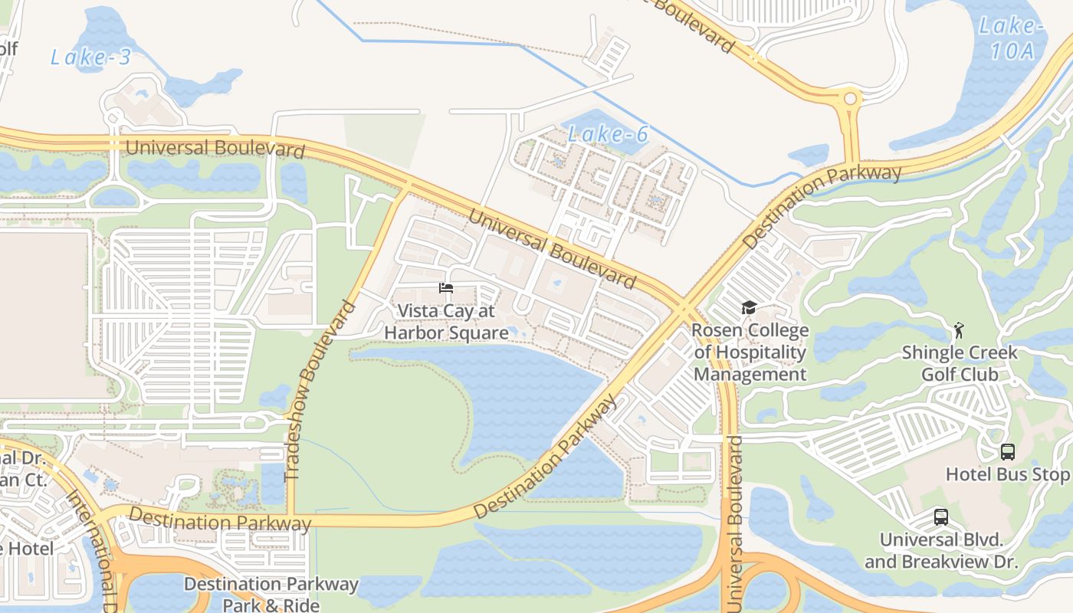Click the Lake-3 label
90,57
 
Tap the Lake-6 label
608,135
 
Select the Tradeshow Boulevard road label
320,391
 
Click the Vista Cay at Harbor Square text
446,322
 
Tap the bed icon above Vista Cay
446,288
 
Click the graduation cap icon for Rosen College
749,308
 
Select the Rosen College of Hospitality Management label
750,352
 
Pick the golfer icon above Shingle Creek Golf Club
958,331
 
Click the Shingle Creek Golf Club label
960,363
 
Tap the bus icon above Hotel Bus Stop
1008,452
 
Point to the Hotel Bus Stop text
1007,474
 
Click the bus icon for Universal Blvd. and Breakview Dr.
941,517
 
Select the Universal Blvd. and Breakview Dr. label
941,551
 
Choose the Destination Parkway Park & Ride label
271,594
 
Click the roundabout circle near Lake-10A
849,98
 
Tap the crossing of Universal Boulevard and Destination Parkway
681,306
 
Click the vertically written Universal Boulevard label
735,524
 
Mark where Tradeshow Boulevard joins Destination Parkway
291,519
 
